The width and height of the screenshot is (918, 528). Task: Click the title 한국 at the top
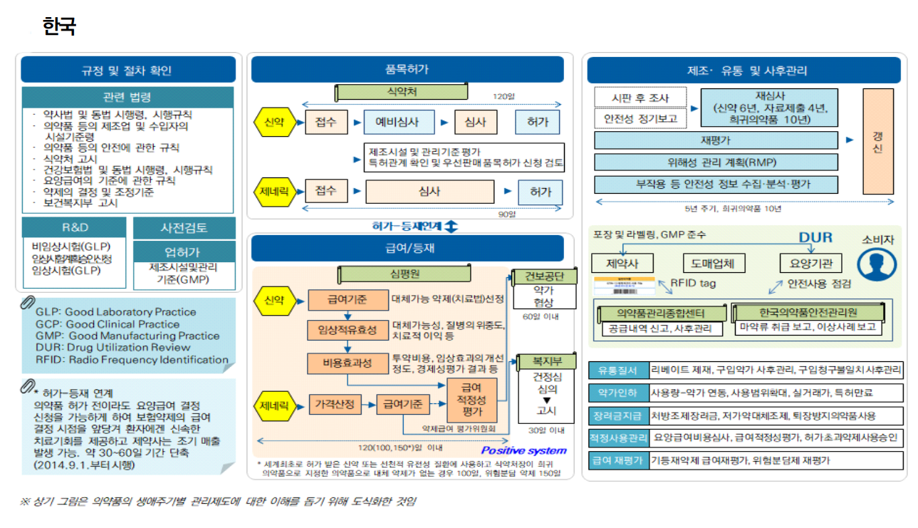[59, 27]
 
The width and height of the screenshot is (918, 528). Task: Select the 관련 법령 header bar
[127, 98]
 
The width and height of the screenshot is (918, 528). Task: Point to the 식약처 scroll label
[402, 93]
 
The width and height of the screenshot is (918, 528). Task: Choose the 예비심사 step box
[399, 122]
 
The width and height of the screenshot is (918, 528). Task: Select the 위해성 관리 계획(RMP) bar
[716, 162]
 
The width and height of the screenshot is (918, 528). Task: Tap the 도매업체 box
[714, 264]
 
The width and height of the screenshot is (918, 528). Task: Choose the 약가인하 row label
[617, 393]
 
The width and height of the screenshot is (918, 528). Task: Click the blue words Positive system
[524, 450]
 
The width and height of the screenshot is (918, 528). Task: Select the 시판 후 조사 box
[640, 97]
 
